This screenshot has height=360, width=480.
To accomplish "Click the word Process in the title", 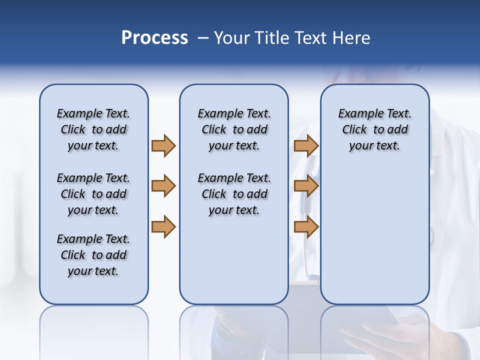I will (154, 37).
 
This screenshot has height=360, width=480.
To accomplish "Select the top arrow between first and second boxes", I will (163, 145).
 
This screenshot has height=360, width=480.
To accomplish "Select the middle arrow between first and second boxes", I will (163, 186).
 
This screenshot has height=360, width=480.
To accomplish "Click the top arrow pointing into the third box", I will (306, 145).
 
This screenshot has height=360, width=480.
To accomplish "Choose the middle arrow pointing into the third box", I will (306, 186).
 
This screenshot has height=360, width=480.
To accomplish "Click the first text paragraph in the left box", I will (93, 129).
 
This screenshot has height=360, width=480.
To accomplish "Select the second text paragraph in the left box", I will (93, 194).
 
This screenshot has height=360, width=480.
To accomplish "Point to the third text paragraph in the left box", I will (93, 255).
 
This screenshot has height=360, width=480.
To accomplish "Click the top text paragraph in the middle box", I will (234, 129).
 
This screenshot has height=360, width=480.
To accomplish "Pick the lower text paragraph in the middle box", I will (234, 194).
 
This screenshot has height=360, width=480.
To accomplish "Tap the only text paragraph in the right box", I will (374, 129).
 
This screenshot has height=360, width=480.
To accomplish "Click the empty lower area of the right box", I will (374, 240).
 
